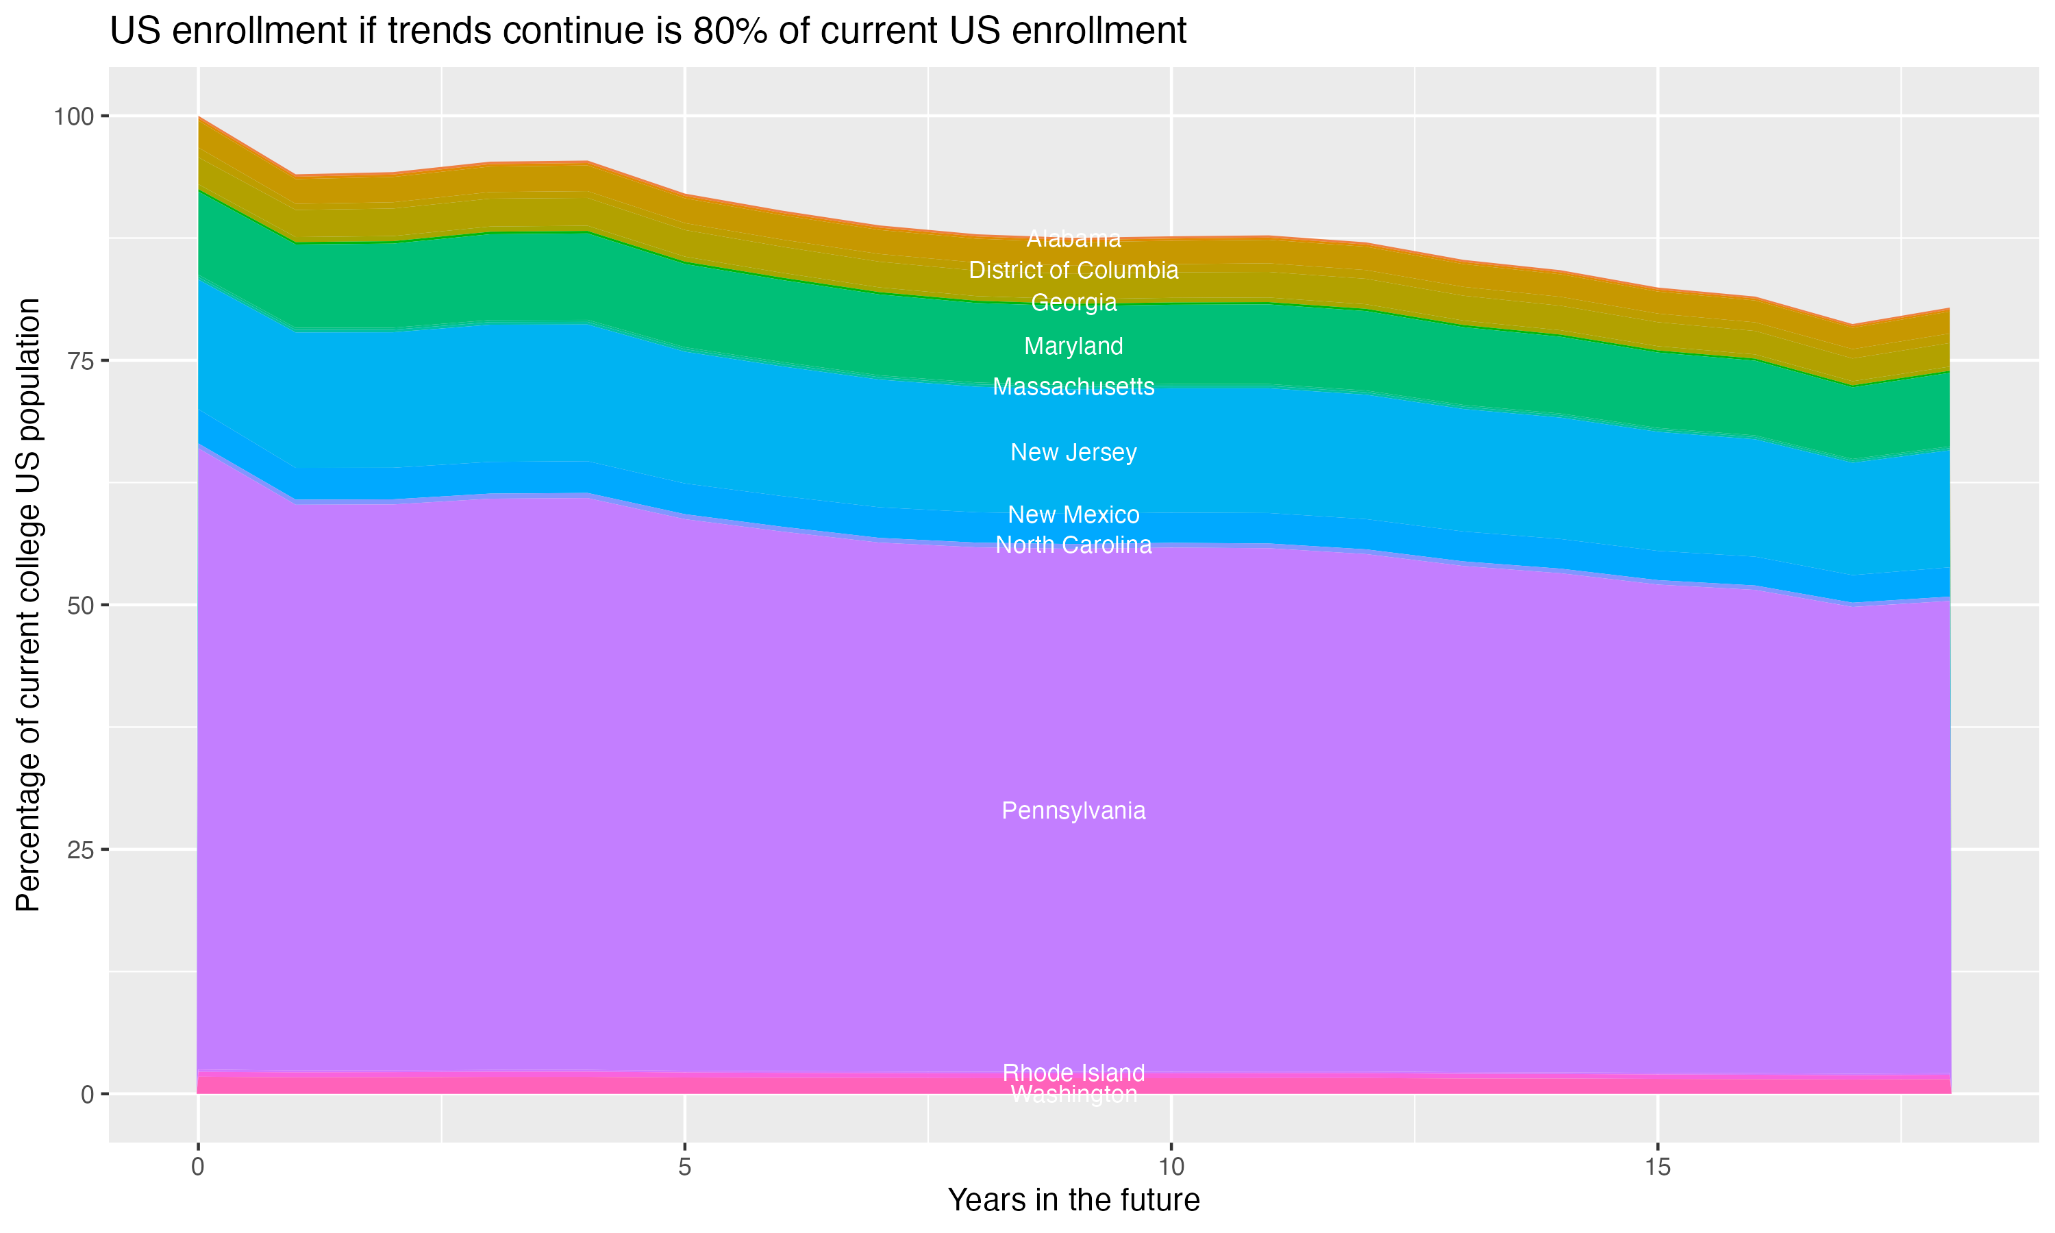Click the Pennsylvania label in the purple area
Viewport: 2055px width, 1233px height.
tap(1073, 811)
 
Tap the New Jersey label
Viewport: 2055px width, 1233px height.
tap(1073, 453)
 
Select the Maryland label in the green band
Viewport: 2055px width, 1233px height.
tap(1073, 347)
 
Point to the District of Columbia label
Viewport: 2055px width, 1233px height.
tap(1073, 271)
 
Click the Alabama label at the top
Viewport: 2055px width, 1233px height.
tap(1073, 239)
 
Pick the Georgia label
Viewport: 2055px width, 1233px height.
tap(1073, 303)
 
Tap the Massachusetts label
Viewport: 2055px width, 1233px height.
tap(1073, 387)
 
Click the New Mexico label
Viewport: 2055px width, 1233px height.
tap(1073, 515)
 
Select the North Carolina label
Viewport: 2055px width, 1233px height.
tap(1073, 545)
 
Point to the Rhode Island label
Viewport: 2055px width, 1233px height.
tap(1073, 1073)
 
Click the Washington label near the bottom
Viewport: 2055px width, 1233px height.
tap(1073, 1095)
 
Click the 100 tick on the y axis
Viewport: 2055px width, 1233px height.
tap(73, 116)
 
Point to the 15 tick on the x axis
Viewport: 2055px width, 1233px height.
tap(1657, 1167)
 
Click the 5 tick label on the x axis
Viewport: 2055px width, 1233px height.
tap(684, 1167)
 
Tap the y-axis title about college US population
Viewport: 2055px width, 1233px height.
tap(28, 605)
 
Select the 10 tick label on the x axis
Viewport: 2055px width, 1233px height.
tap(1171, 1167)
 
